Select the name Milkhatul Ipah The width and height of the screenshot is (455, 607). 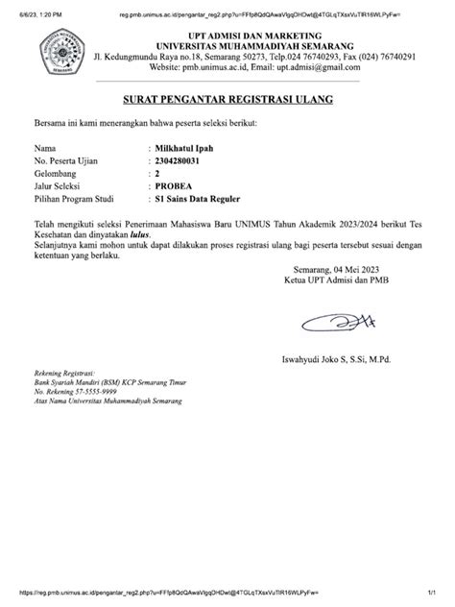(188, 149)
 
